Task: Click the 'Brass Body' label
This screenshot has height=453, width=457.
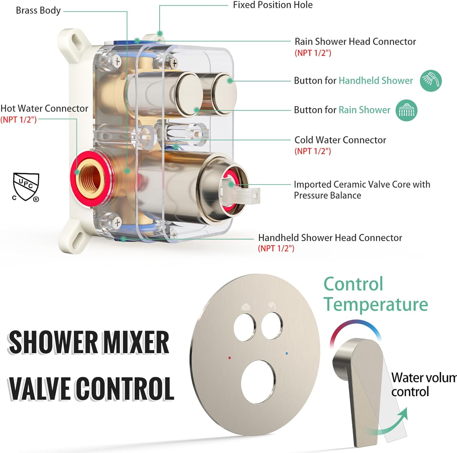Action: (38, 10)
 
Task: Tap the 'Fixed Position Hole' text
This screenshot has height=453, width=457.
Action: (273, 5)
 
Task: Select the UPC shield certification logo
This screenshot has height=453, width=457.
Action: (26, 187)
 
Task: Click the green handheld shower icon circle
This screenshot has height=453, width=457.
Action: (430, 80)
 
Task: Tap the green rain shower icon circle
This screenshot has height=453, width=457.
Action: (406, 110)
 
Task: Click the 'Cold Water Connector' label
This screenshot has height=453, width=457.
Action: (340, 140)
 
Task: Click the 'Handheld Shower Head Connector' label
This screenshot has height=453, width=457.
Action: (330, 238)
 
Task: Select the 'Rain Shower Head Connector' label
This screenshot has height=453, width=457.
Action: (355, 41)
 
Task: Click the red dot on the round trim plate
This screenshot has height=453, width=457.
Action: (229, 358)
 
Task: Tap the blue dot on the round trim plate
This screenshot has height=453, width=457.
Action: (286, 354)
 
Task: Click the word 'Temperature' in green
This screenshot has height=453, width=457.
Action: (376, 304)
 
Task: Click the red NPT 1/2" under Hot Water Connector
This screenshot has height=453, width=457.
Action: (18, 119)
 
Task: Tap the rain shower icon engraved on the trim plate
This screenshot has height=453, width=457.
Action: (246, 307)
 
